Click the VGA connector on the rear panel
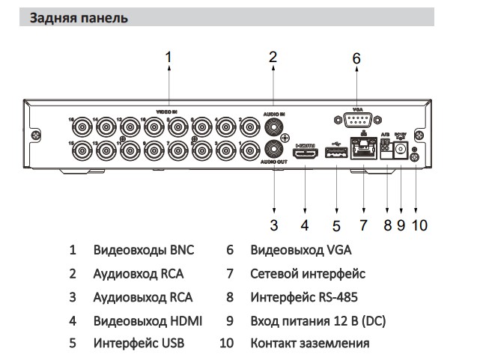tap(356, 120)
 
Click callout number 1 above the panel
tap(168, 56)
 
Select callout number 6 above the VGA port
tap(356, 58)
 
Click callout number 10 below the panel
tap(419, 224)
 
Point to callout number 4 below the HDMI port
tap(305, 224)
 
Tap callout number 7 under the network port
tap(363, 224)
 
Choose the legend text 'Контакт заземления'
tap(309, 344)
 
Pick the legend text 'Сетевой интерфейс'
tap(308, 274)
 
